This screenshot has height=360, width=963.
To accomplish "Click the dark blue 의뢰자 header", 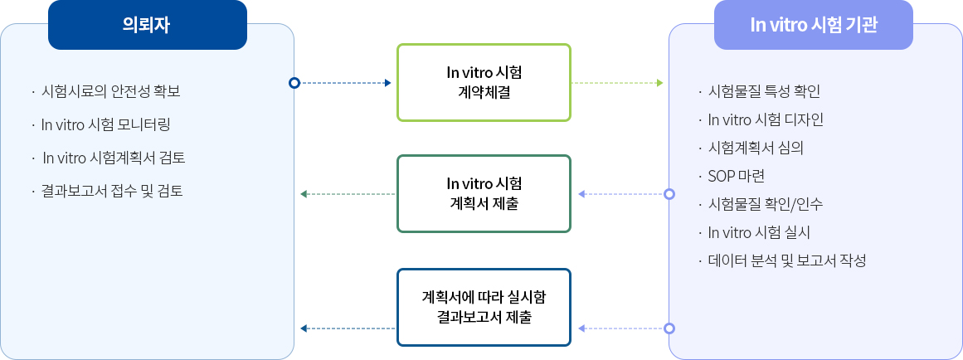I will coord(148,25).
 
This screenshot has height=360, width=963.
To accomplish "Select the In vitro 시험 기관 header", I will coord(813,25).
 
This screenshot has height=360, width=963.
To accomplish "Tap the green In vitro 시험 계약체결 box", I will coord(484,82).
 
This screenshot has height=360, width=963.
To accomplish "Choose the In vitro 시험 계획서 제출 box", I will coord(484,193).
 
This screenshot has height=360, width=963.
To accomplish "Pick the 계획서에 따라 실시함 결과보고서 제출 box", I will coord(484,307).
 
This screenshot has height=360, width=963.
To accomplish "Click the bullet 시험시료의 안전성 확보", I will coord(110,91).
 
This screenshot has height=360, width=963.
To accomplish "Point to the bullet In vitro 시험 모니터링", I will coord(106,124).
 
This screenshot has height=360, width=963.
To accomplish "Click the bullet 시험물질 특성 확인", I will coord(764,91).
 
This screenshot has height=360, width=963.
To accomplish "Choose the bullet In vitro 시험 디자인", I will coord(766,119).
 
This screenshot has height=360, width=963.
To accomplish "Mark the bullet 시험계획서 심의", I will coord(756,148).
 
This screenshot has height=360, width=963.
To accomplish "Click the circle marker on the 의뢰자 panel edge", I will coord(294,83).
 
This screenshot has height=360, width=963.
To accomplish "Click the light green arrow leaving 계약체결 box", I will coord(618,83).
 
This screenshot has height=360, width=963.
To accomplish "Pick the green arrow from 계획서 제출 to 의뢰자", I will coord(347,194).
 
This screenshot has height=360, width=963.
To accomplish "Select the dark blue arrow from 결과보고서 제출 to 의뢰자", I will coord(347,329).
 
